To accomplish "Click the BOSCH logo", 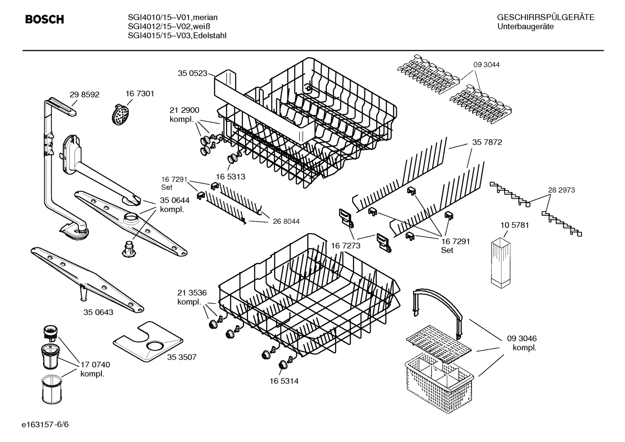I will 45,20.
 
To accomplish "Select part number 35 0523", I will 192,73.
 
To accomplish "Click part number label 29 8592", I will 84,94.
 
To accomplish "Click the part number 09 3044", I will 486,65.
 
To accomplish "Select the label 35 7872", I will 487,142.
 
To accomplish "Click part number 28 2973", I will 561,190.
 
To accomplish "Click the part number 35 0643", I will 98,312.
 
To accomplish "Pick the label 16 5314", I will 283,381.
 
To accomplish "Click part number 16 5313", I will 230,177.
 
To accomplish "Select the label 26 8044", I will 286,221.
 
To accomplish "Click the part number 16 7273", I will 345,246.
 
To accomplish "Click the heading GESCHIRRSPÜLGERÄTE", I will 545,18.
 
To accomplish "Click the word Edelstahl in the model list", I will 210,36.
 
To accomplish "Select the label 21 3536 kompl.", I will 192,297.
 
